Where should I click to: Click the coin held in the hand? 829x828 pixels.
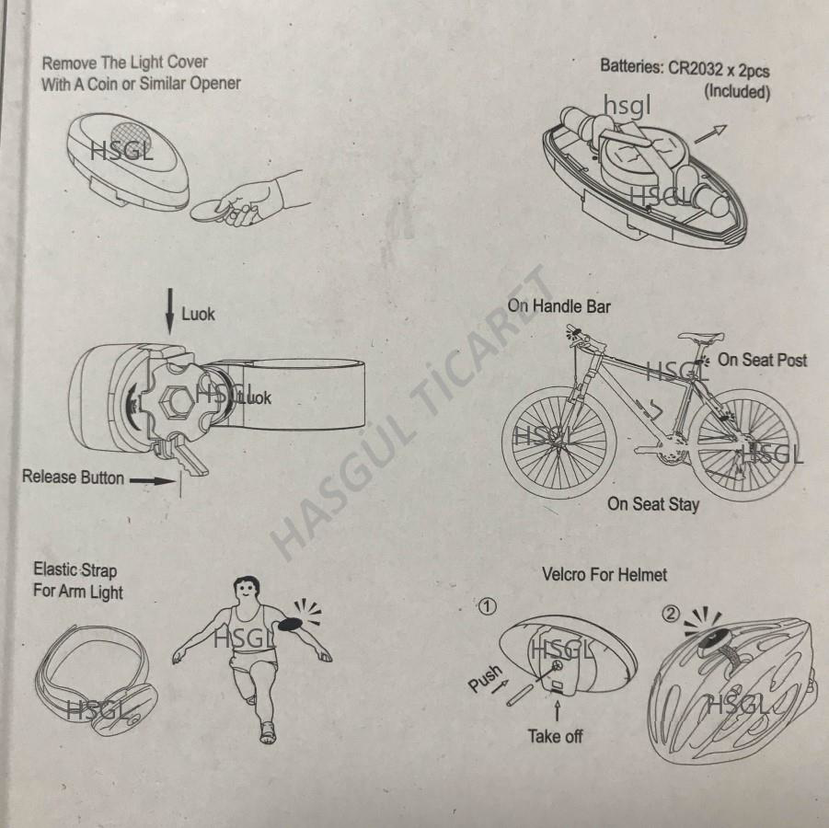(x=210, y=211)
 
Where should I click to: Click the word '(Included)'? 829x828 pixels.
(x=736, y=91)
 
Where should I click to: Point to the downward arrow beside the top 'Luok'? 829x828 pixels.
(x=169, y=312)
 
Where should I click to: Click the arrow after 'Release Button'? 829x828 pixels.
(x=152, y=480)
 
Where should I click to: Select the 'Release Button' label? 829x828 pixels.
(x=73, y=477)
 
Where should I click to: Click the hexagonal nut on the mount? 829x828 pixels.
(x=176, y=402)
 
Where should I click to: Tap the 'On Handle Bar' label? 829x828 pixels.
(x=558, y=306)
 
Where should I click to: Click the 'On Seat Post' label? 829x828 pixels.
(x=762, y=360)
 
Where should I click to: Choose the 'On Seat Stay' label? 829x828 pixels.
(x=653, y=504)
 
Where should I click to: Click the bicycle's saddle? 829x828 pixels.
(x=700, y=337)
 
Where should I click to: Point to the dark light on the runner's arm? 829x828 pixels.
(x=290, y=624)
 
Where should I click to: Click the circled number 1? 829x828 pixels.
(x=487, y=606)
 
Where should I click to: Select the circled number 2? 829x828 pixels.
(x=671, y=614)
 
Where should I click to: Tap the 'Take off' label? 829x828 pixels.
(x=555, y=735)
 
